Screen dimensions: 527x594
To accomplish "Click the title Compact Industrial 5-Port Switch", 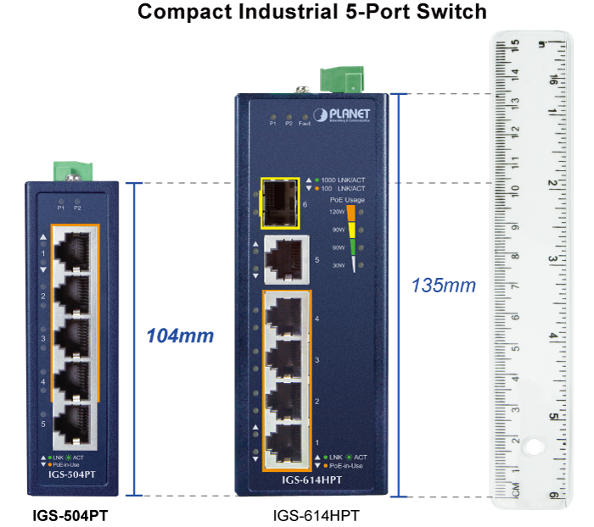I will (311, 12).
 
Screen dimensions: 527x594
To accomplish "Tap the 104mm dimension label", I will (180, 336).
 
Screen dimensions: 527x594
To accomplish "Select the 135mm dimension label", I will (442, 286).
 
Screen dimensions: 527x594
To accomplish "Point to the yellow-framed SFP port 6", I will (279, 203).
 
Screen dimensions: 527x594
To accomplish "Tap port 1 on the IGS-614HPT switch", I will (286, 441).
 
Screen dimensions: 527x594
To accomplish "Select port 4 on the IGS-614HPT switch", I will (286, 319).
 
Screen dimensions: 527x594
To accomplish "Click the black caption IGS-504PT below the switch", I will (70, 515).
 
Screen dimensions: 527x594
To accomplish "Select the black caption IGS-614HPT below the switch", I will (317, 515).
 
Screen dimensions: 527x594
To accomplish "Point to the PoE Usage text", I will (348, 200).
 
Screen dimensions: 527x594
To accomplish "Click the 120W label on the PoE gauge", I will (337, 212).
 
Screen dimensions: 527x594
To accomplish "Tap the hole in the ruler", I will (533, 445).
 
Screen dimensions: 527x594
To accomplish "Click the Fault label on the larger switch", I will (305, 124).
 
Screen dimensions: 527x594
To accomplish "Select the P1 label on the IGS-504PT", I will (61, 207).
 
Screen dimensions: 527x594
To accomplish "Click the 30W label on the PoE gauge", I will (338, 265).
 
